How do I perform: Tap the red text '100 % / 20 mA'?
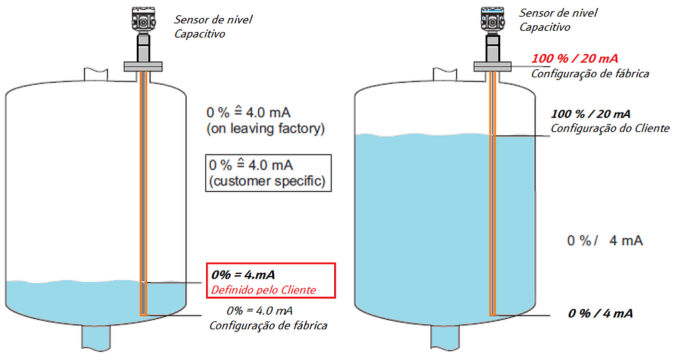tap(575, 59)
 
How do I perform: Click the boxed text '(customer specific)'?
tap(267, 181)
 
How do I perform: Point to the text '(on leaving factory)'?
tap(267, 128)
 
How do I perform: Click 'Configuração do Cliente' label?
tap(610, 128)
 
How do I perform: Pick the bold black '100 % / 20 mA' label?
tap(591, 114)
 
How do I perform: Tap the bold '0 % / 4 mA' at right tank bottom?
tap(600, 313)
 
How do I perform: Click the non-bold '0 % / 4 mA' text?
tap(604, 241)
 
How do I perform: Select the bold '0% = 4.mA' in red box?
tap(243, 274)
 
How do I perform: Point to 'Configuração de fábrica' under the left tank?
tap(268, 325)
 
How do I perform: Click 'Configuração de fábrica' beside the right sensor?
tap(590, 73)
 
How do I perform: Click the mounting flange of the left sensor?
tap(143, 65)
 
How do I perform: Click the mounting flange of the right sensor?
tap(492, 65)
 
